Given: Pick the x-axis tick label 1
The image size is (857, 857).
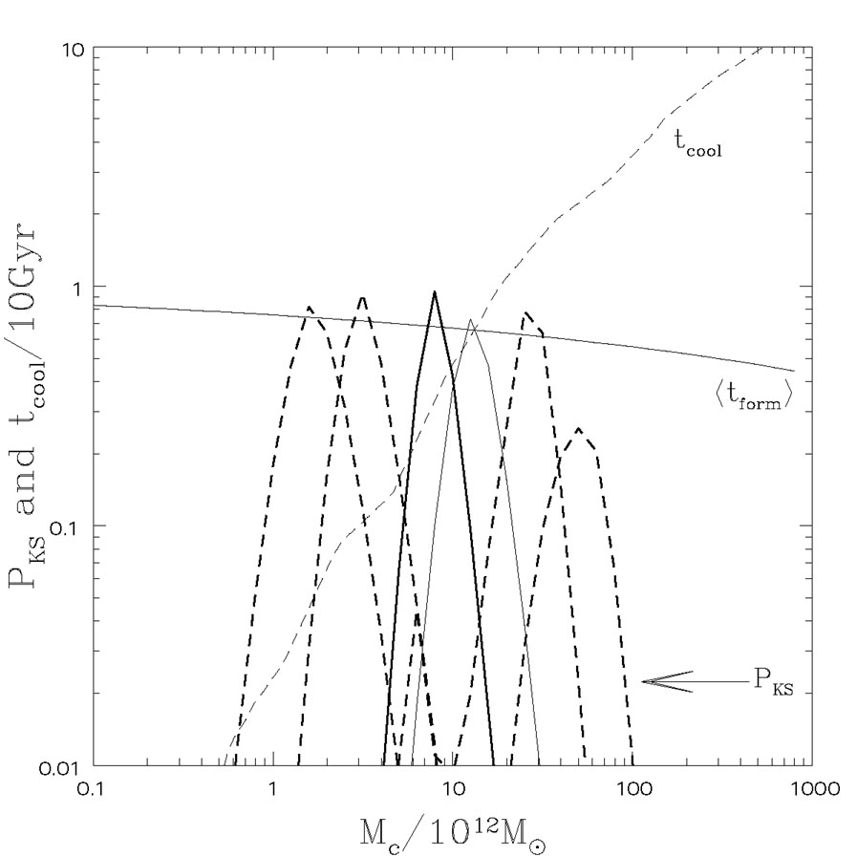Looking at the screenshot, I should pyautogui.click(x=273, y=792).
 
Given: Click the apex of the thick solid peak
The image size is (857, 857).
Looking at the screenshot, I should pyautogui.click(x=435, y=292).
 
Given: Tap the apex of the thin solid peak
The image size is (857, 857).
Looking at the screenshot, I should pyautogui.click(x=471, y=320).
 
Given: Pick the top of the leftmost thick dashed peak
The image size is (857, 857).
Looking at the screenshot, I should pyautogui.click(x=309, y=308).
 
